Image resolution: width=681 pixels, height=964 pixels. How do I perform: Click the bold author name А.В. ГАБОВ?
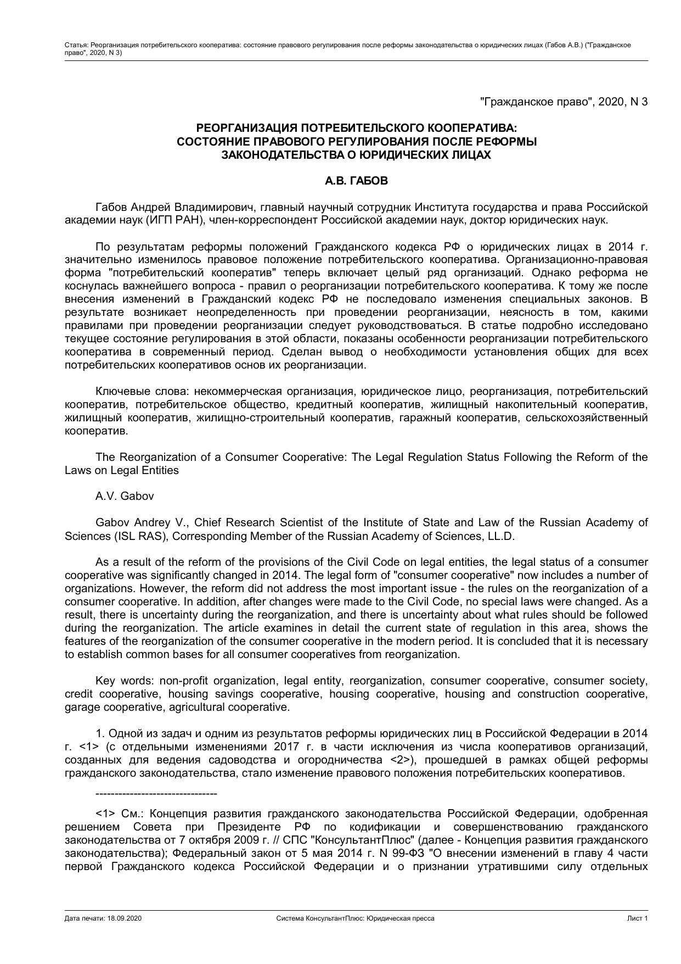[x=356, y=181]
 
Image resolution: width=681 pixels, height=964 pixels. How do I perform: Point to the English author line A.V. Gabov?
[x=125, y=497]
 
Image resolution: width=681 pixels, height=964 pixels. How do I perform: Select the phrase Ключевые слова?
[x=130, y=392]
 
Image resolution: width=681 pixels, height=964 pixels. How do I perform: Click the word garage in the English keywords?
[x=82, y=707]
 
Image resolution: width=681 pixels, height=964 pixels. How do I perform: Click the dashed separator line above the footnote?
[x=156, y=794]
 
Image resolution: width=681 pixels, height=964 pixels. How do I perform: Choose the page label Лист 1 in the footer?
[x=638, y=918]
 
